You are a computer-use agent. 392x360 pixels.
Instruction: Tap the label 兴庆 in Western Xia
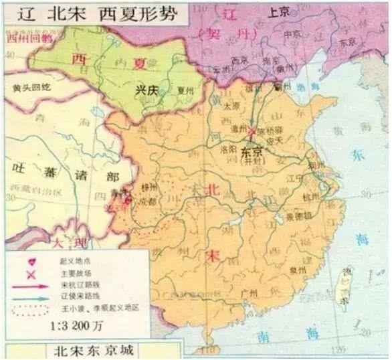(x=146, y=88)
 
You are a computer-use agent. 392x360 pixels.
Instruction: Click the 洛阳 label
(x=229, y=151)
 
